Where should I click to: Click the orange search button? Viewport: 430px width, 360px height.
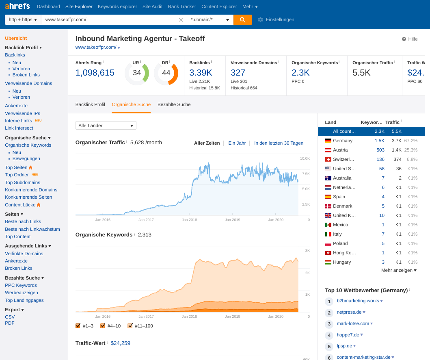tap(242, 20)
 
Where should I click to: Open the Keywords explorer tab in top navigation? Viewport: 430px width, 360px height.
tap(117, 7)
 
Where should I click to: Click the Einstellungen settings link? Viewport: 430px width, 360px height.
tap(280, 20)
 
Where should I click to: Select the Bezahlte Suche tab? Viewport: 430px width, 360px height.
tap(174, 104)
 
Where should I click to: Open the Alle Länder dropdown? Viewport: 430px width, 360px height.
tap(106, 126)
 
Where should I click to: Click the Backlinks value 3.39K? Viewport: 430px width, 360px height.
tap(201, 73)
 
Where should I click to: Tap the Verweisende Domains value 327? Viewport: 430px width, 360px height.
tap(238, 73)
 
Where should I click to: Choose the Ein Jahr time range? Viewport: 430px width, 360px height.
tap(237, 143)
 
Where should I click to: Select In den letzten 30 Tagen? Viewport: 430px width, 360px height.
tap(279, 143)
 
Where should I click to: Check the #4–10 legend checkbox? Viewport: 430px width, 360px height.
tap(103, 326)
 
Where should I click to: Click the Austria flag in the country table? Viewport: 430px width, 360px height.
tap(328, 150)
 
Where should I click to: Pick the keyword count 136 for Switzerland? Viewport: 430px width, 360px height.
tap(380, 159)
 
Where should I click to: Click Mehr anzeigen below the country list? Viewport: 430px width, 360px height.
tap(398, 270)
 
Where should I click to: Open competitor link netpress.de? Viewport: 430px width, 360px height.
tap(349, 312)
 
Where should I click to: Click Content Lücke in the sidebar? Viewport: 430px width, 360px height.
tap(20, 205)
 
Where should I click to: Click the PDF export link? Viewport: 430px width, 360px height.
tap(10, 323)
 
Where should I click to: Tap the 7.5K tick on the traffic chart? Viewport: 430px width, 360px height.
tap(305, 173)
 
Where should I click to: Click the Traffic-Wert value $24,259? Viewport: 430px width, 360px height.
tap(120, 343)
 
